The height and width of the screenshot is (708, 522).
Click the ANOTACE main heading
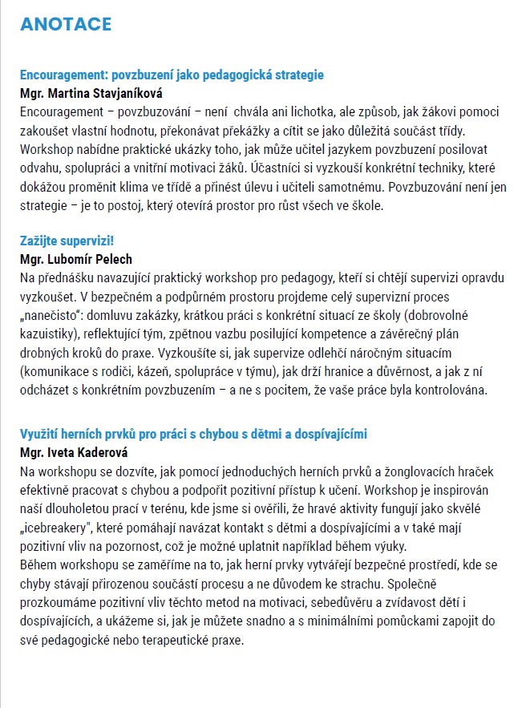66,24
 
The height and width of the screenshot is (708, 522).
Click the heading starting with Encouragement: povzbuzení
172,75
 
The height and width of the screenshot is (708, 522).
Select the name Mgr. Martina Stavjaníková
92,93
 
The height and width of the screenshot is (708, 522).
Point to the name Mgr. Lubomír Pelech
76,259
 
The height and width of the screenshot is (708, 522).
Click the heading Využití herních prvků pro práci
193,434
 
